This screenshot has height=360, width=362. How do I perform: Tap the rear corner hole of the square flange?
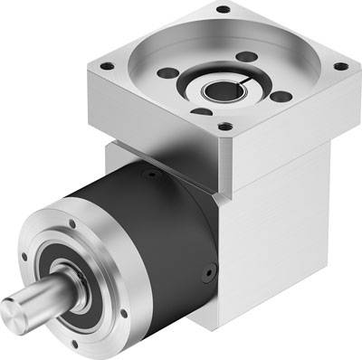pyautogui.click(x=222, y=10)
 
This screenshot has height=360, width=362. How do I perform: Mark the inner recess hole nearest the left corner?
pyautogui.click(x=166, y=73)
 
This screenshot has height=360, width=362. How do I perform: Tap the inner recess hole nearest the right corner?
pyautogui.click(x=281, y=95)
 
